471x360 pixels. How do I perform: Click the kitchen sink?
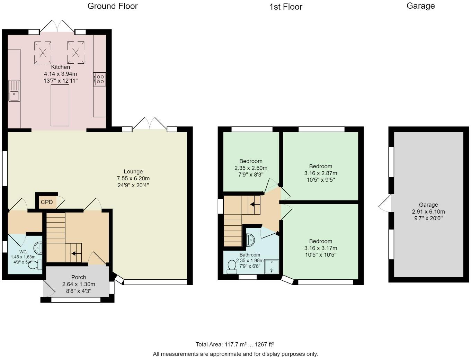pos(15,91)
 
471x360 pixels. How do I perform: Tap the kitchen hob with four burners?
pos(100,79)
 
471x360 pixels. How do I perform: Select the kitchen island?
pos(60,105)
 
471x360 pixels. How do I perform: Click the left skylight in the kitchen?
pos(43,53)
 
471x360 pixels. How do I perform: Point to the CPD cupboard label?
pos(47,202)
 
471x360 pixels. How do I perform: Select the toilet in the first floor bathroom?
pos(232,267)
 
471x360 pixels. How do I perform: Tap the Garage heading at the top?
pos(420,6)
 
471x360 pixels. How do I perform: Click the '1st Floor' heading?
pos(286,7)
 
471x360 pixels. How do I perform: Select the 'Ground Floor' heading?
pos(113,6)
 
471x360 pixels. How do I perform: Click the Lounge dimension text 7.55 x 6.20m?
pos(133,179)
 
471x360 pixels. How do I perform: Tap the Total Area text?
pos(235,344)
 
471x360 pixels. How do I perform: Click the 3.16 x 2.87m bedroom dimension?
pos(320,173)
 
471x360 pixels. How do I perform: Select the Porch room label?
pos(79,277)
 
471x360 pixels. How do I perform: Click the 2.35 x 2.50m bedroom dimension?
pos(251,168)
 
